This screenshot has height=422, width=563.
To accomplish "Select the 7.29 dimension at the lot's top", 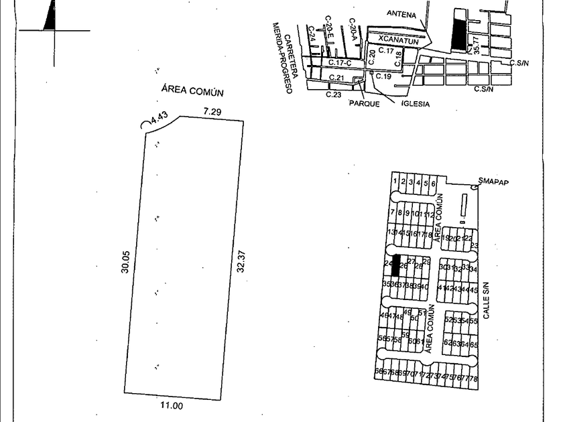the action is [212, 112].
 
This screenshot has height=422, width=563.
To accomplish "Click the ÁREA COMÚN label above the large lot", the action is [192, 92].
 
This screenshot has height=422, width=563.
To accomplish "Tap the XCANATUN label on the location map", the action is [398, 40].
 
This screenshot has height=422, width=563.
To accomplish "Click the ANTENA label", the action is [401, 13].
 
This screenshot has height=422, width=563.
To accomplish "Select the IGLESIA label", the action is [416, 104].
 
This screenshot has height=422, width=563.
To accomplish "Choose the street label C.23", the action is [334, 94].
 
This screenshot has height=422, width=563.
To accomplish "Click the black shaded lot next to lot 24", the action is [395, 265].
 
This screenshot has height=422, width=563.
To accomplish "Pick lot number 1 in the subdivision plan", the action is [395, 182].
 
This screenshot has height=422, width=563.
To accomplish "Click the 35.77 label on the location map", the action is [477, 45].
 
